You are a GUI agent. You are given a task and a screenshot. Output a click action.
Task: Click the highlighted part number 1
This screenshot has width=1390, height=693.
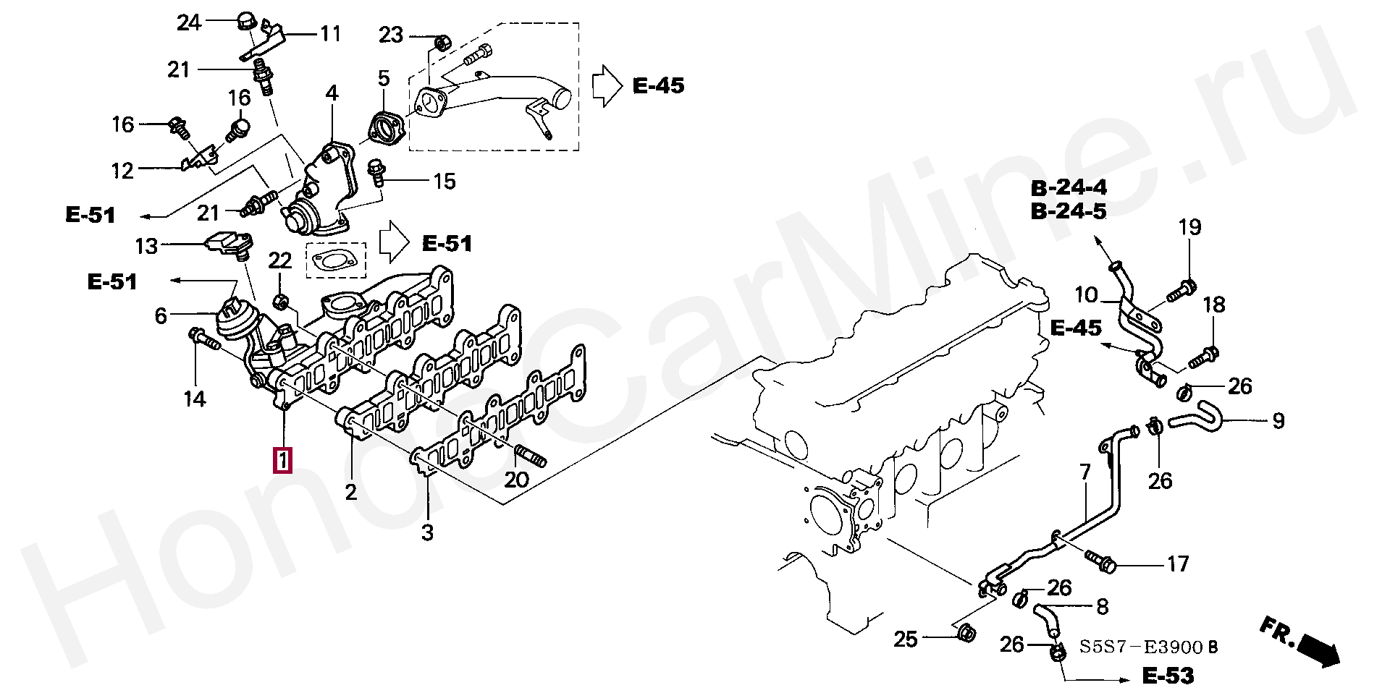coord(282,459)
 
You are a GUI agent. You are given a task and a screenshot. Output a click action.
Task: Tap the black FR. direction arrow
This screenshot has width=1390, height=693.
coord(1319,650)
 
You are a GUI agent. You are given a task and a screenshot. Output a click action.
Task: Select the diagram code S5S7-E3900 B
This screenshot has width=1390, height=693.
coord(1148,646)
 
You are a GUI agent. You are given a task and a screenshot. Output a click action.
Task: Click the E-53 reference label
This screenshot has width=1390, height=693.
coord(1168,676)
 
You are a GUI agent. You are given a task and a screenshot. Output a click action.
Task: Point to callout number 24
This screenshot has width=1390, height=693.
coord(189,23)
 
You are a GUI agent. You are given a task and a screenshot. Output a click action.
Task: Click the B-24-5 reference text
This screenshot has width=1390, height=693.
coord(1069,211)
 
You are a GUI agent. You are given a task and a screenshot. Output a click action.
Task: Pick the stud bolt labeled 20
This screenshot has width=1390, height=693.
coord(531,458)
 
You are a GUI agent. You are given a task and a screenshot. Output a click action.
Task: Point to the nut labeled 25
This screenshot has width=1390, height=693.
coord(965,634)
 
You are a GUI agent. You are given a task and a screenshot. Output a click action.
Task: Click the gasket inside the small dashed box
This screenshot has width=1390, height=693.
coord(336,260)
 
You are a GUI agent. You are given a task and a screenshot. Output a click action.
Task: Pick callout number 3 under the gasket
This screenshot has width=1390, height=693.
coord(427,533)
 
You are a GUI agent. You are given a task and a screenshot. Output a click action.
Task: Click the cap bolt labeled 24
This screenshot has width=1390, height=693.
coord(247,22)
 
